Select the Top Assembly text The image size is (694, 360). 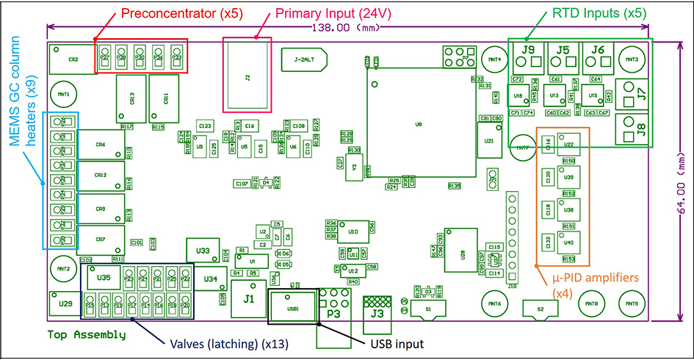click(x=87, y=335)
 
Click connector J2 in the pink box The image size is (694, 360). click(x=247, y=76)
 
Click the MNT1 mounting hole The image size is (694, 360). click(x=64, y=95)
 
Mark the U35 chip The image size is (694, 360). click(x=104, y=278)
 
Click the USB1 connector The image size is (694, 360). click(x=293, y=307)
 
